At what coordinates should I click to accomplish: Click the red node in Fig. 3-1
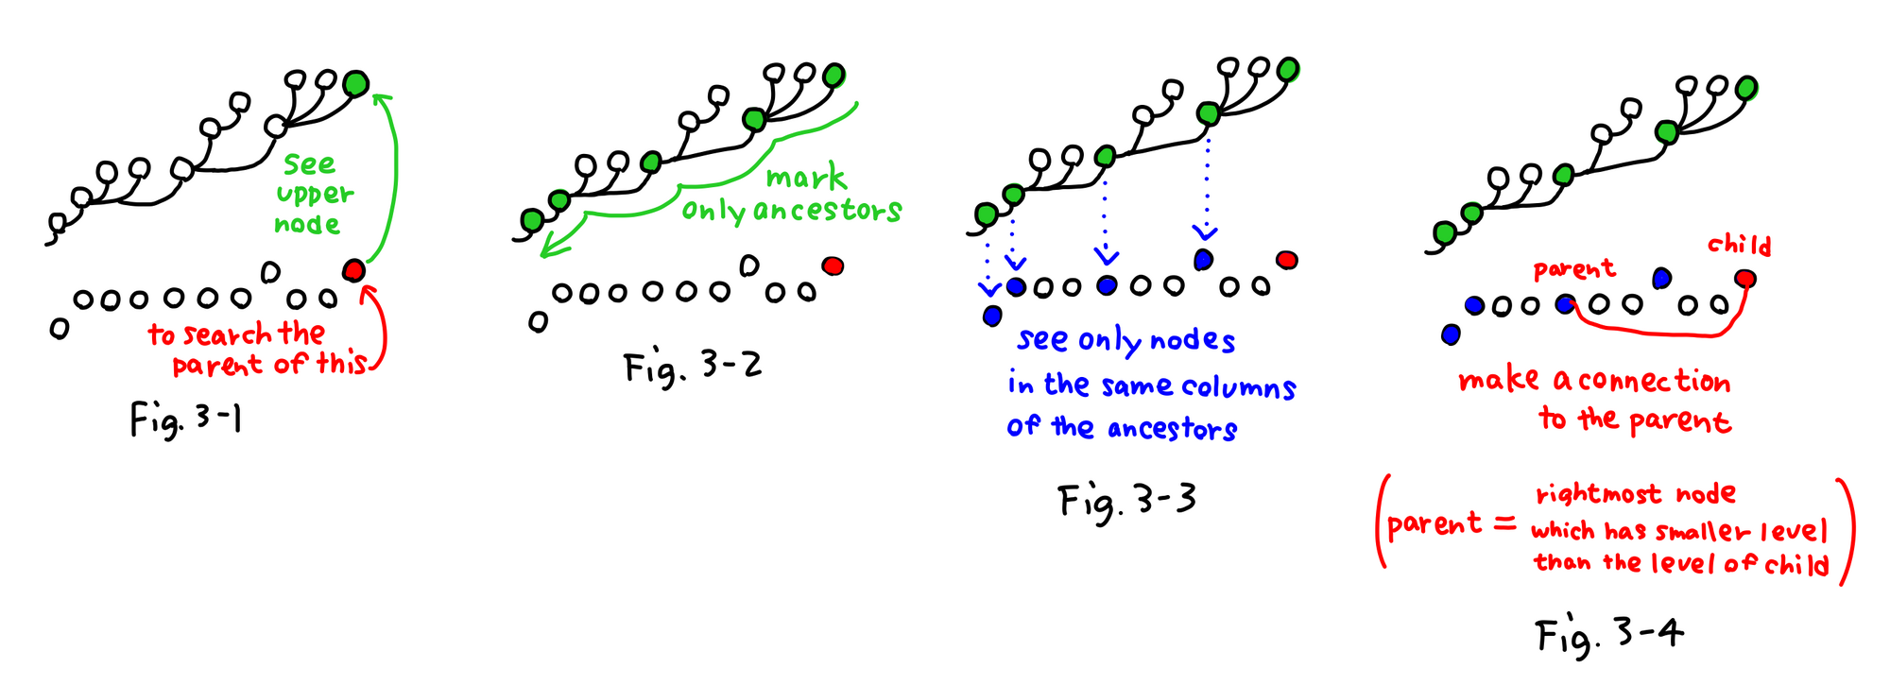[x=353, y=271]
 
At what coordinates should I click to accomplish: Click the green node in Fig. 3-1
[x=356, y=84]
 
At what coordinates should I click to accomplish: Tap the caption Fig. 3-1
[x=185, y=419]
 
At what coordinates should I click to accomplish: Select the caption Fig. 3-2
[x=693, y=367]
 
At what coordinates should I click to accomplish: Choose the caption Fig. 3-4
[x=1609, y=634]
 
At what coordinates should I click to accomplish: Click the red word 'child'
[x=1739, y=246]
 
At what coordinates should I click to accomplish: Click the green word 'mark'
[x=805, y=177]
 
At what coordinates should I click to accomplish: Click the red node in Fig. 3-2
[x=833, y=265]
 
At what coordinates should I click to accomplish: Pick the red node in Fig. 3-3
[x=1286, y=260]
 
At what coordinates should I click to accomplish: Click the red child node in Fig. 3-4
[x=1745, y=279]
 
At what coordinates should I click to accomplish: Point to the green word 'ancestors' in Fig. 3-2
[x=828, y=210]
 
